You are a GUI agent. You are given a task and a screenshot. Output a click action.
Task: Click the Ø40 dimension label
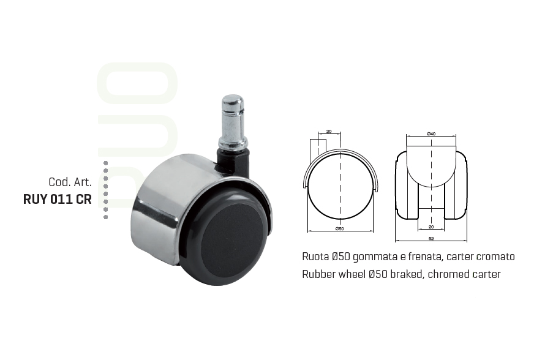pos(431,134)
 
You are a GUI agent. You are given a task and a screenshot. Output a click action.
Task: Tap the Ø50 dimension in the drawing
pos(339,228)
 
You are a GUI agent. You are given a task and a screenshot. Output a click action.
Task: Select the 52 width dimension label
pos(431,238)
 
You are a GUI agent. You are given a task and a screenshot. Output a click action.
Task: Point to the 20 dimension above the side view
pos(329,131)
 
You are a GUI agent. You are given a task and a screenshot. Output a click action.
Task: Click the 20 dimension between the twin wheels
pos(431,227)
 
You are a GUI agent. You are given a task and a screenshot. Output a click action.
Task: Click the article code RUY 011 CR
pos(58,199)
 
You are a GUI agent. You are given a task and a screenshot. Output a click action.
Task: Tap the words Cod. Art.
pos(70,182)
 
